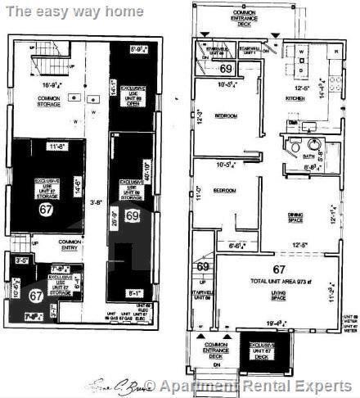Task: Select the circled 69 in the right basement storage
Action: tap(133, 216)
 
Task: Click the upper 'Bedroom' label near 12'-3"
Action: tap(226, 116)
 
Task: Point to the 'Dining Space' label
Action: tap(303, 217)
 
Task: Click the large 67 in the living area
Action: tap(280, 268)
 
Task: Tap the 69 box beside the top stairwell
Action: tap(225, 70)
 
